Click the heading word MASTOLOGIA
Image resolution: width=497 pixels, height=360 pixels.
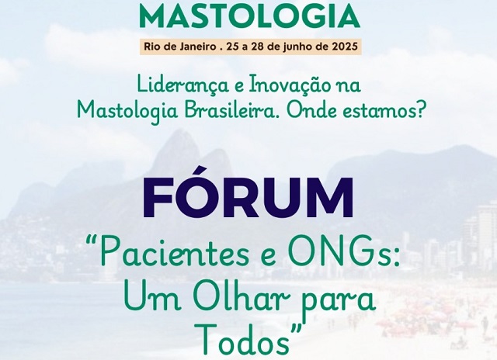point(249,16)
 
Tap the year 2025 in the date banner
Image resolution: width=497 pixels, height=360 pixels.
point(345,47)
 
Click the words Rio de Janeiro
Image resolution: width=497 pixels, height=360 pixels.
point(179,47)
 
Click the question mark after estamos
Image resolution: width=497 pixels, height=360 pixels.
point(419,110)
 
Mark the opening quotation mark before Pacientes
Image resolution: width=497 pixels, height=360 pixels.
point(92,241)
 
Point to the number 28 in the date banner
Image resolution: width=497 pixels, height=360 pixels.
point(256,47)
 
